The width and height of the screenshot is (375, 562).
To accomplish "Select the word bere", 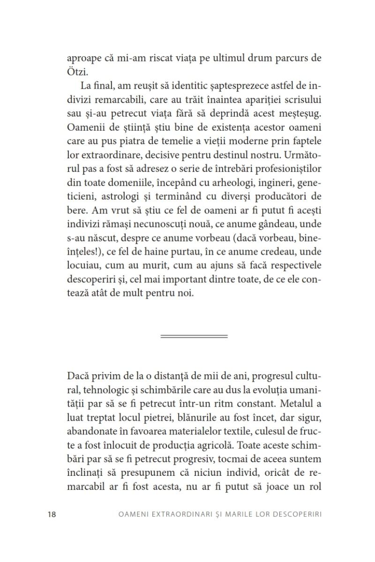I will pos(77,208).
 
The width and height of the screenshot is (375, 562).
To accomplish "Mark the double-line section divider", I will pos(194,336).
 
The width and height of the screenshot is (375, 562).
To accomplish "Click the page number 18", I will pos(52,514).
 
